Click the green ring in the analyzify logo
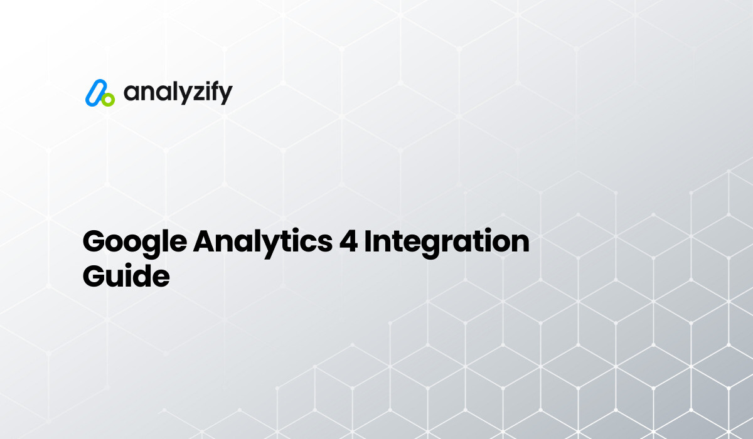108,99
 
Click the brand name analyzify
178,93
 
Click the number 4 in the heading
349,242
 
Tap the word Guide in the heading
126,275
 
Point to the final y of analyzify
225,95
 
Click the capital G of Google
94,242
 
